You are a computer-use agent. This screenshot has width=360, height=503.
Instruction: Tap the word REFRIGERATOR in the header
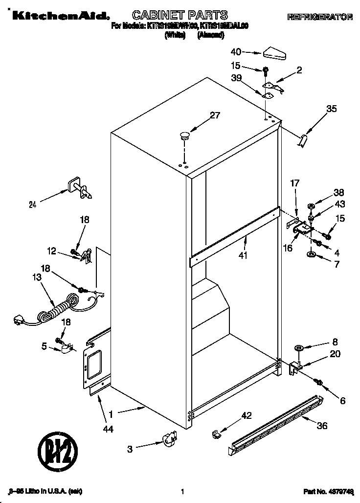(x=320, y=17)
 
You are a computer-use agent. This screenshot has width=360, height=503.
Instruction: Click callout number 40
(x=236, y=51)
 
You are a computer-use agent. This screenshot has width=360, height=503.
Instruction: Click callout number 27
(x=215, y=116)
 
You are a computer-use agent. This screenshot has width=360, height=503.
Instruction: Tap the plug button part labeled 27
(x=185, y=136)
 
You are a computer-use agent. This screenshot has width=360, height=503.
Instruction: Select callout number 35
(x=331, y=109)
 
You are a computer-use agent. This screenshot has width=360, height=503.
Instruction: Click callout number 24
(x=33, y=205)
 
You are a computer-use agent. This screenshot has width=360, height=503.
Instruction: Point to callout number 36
(x=321, y=426)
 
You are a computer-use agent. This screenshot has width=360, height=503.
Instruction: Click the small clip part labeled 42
(x=215, y=434)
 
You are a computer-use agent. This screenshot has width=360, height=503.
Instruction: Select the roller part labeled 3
(x=169, y=438)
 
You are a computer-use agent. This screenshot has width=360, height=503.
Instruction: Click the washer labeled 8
(x=298, y=348)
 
